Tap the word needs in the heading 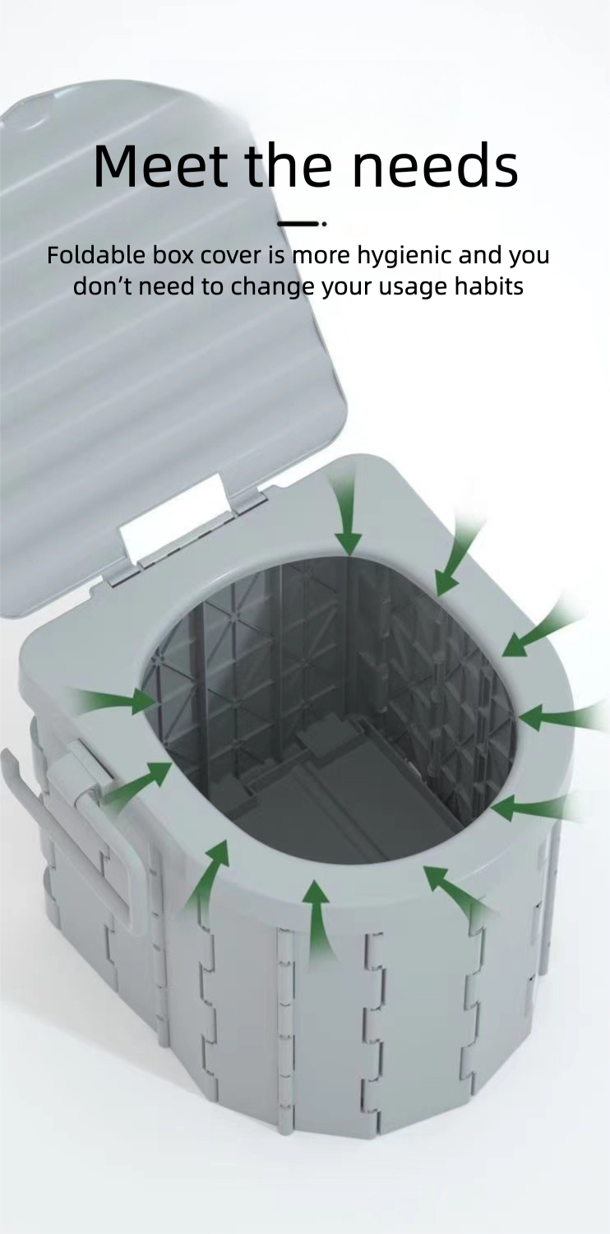(435, 165)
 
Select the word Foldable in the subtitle (96, 255)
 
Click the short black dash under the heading (298, 223)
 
